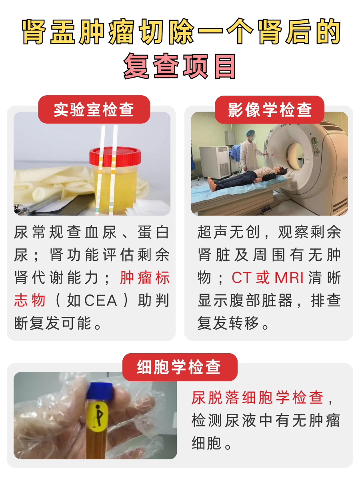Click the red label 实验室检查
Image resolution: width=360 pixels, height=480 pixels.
[94, 110]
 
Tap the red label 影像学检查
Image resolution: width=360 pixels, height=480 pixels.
[270, 110]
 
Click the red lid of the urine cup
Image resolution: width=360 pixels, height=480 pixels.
[115, 156]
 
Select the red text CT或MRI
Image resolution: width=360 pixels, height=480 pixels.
[268, 278]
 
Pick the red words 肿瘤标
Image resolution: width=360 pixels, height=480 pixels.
[145, 278]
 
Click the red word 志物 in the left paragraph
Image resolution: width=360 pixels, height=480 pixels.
[30, 301]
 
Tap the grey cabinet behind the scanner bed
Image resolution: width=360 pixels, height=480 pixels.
[214, 162]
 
